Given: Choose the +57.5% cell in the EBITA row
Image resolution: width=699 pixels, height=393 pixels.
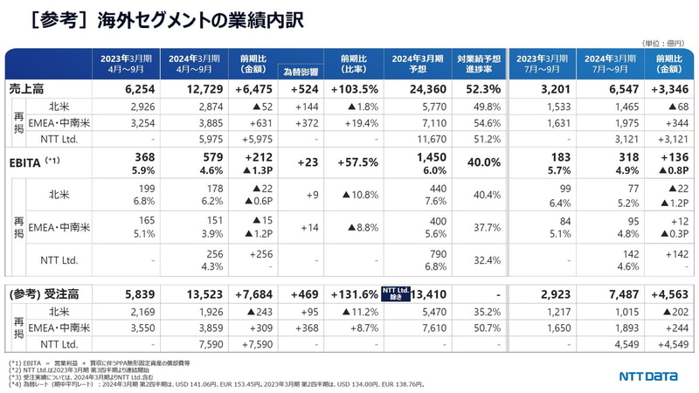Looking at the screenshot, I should coord(353,162).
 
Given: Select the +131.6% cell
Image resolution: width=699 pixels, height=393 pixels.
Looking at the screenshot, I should coord(353,294).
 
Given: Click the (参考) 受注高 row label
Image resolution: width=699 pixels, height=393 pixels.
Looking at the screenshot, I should coord(39,294).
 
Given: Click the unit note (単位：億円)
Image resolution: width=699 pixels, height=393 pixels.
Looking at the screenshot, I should coord(662,42).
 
